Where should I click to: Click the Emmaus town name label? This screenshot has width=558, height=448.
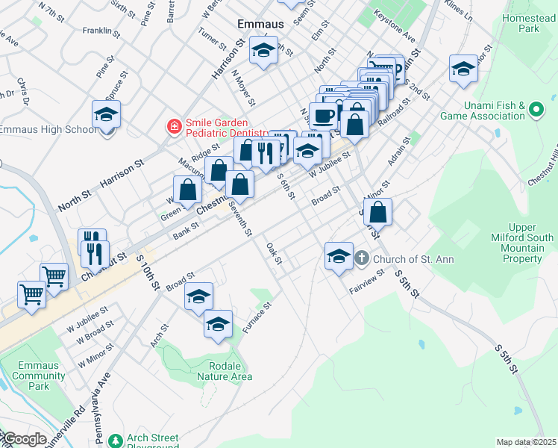[261, 23]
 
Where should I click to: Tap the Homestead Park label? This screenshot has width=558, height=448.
[530, 22]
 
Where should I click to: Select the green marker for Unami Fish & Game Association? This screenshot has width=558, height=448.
[536, 111]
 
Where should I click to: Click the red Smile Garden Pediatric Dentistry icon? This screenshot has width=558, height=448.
[174, 128]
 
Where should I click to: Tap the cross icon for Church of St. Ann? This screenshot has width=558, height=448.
[361, 259]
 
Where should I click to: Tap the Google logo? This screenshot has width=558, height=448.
[24, 439]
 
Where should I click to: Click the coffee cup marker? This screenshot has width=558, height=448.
[324, 116]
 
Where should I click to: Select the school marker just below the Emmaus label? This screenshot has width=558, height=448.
[263, 50]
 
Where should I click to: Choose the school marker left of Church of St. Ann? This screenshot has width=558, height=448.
[339, 256]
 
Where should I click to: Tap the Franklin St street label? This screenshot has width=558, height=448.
[102, 31]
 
